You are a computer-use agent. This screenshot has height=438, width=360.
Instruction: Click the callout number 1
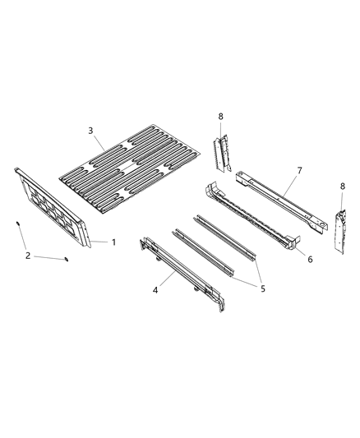coord(113,242)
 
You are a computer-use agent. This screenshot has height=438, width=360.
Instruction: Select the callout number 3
coord(91,130)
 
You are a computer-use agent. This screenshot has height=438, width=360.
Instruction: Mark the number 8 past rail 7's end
coord(342,187)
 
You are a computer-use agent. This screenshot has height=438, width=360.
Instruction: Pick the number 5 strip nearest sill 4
coord(202,252)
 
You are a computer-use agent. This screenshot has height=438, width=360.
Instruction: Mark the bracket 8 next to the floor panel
coord(219,150)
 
